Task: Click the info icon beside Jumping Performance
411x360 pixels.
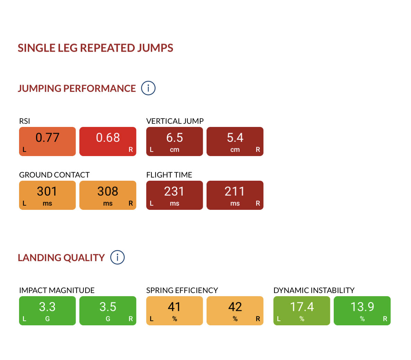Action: coord(148,88)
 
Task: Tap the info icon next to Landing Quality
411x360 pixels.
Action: coord(117,257)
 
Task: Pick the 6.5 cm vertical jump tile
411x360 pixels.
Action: coord(174,141)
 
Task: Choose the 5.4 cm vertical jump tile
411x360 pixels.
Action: coord(235,141)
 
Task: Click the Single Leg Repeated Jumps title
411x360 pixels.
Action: coord(95,48)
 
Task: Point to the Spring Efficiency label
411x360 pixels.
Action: coord(182,290)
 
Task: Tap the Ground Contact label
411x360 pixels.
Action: coord(54,175)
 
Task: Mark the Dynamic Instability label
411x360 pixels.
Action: coord(314,290)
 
